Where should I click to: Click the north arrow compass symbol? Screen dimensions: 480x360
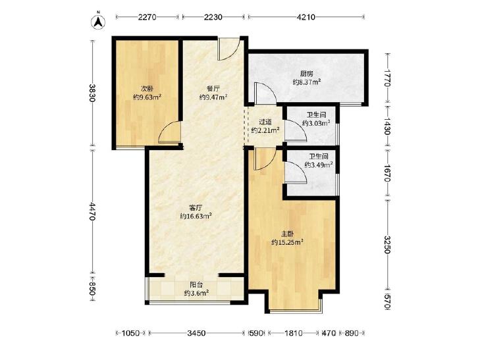(x=98, y=22)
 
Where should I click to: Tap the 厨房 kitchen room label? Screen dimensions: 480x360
(x=306, y=74)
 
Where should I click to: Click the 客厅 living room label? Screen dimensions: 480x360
(x=196, y=208)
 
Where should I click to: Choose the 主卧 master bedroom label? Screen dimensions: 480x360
(x=288, y=234)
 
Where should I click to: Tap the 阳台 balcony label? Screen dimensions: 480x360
(x=196, y=285)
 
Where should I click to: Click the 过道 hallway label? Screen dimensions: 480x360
(x=265, y=122)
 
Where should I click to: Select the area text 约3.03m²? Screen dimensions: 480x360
(x=316, y=123)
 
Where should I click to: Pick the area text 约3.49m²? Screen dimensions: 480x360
(x=319, y=165)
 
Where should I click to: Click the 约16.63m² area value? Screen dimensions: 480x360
(x=196, y=217)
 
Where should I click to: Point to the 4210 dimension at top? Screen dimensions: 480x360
(x=306, y=17)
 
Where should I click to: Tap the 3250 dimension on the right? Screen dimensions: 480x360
(x=388, y=245)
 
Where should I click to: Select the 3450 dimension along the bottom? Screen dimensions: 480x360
(x=196, y=333)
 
